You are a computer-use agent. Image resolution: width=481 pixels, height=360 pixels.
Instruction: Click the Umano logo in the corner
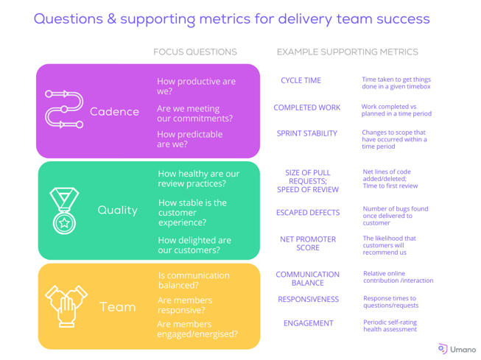coord(457,349)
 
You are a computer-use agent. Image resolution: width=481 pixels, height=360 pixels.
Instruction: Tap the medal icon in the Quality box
coord(64,211)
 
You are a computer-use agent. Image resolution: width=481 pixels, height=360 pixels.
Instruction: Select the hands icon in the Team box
coord(66,306)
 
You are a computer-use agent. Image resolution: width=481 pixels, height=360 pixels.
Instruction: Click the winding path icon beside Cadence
coord(64,109)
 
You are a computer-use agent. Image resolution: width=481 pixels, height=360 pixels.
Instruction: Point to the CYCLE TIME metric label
coord(301,80)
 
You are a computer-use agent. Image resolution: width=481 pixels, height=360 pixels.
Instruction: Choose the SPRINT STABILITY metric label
coord(307,133)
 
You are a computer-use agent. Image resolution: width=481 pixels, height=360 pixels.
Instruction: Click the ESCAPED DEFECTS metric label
coord(308,213)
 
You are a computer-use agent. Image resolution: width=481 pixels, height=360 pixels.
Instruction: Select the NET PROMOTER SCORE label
coord(308,244)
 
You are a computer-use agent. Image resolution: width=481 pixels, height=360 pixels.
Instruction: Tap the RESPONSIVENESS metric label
coord(309,300)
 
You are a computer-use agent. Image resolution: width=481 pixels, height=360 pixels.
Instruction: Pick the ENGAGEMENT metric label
coord(309,323)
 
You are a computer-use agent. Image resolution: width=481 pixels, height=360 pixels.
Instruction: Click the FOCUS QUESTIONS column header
coord(195,52)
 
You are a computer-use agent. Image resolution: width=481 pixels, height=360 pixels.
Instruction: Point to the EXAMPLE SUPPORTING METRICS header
coord(348,52)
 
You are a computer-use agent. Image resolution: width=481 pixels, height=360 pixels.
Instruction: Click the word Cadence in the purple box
coord(114,112)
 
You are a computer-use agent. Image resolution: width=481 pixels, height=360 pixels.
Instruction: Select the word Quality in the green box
coord(118,211)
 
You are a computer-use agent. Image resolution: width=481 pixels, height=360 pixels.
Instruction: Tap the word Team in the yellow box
coord(118,307)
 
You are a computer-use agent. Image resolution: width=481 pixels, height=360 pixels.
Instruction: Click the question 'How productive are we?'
coord(197,86)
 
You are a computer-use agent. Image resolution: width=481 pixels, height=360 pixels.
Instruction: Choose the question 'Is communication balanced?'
coord(194,280)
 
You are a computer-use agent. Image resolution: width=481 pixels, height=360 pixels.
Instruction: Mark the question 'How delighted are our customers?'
coord(194,245)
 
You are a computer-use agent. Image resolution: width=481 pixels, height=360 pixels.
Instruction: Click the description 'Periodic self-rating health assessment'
coord(390,325)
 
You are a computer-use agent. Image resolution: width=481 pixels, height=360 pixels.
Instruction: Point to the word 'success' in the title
coord(403,18)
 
